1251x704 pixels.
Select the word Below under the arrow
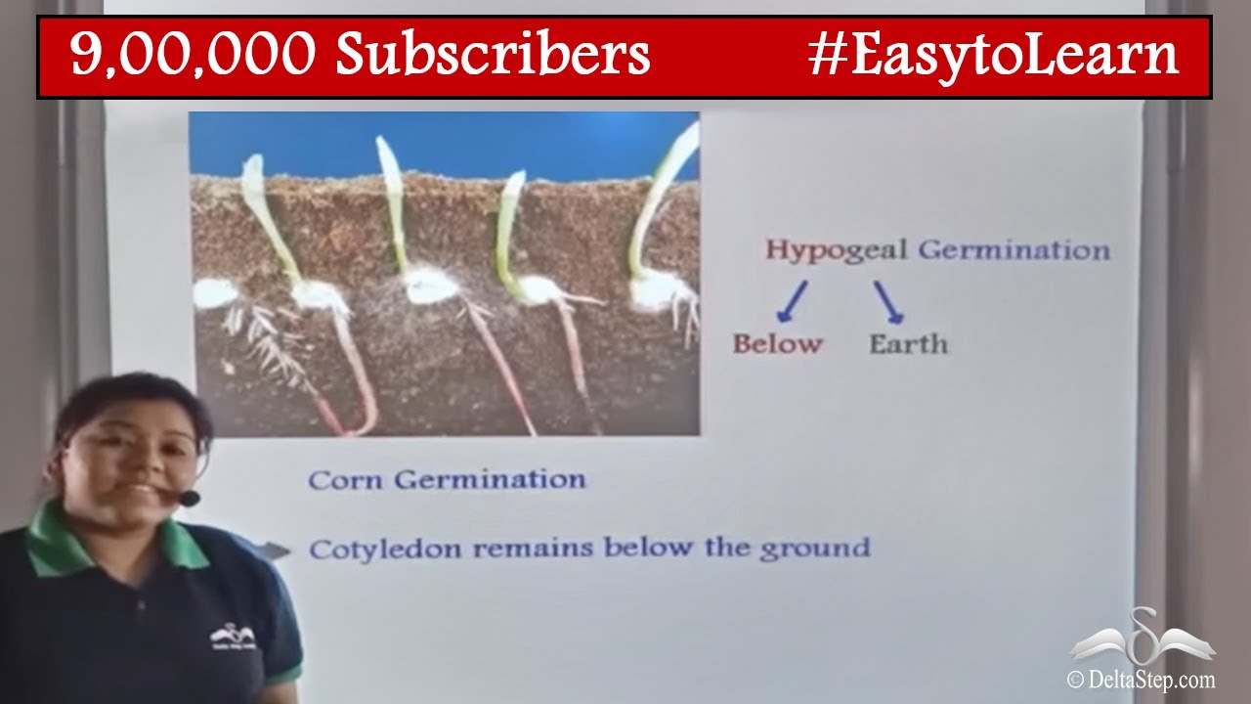[x=778, y=344]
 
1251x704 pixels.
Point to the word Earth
[x=908, y=344]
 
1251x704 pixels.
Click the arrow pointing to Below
[x=793, y=301]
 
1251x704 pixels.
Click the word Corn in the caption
[x=345, y=480]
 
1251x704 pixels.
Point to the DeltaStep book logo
[x=1142, y=638]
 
